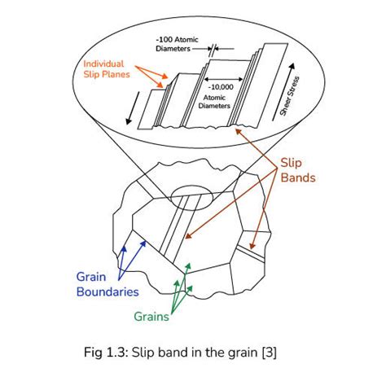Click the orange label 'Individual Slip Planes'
109,68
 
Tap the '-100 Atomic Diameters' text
177,42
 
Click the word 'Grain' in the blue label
91,276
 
